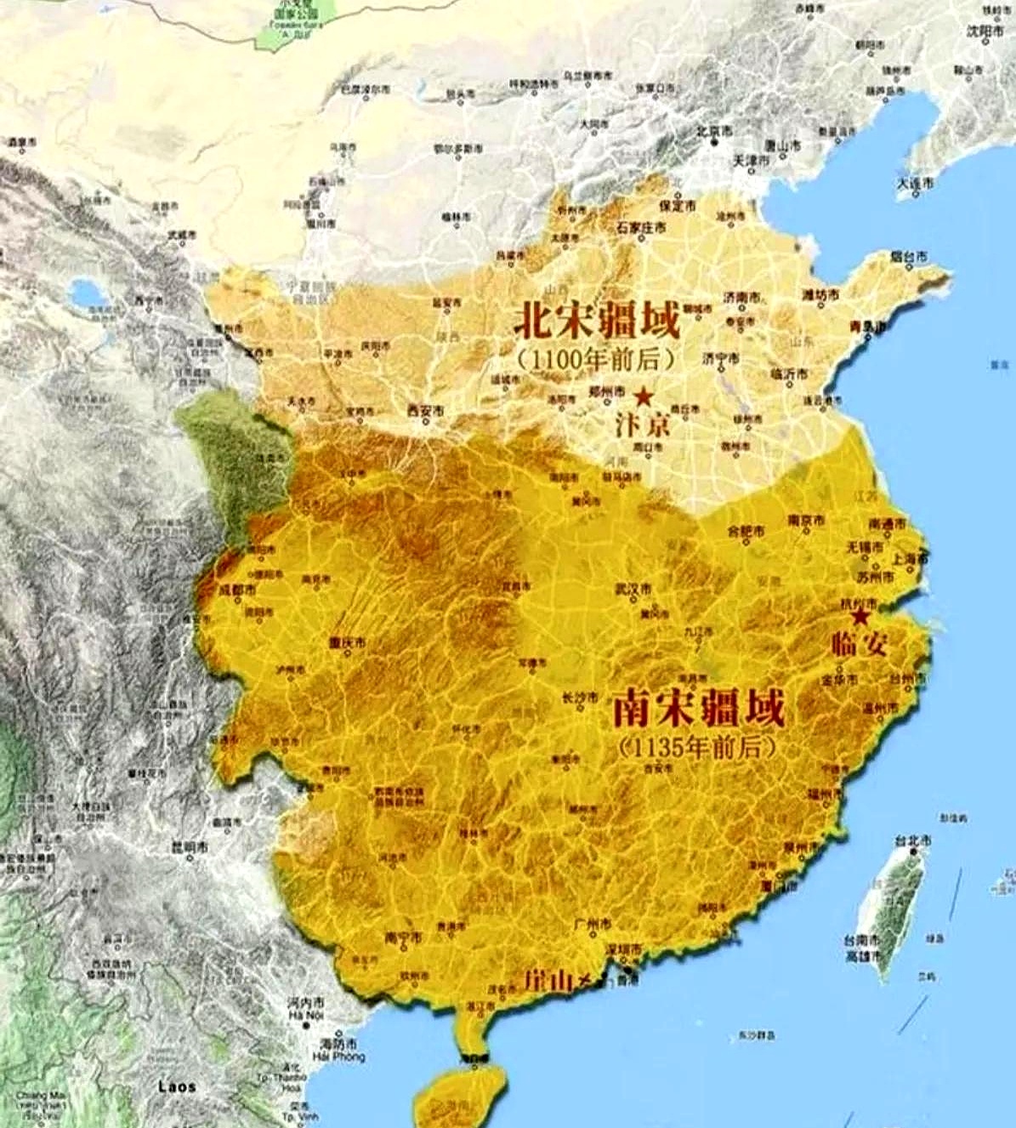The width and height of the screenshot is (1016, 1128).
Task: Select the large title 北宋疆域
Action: pyautogui.click(x=596, y=322)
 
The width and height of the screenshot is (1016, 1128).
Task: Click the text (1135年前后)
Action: pyautogui.click(x=697, y=747)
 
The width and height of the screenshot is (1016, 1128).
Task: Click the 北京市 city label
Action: pyautogui.click(x=714, y=131)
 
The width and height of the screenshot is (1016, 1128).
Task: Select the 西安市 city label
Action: pyautogui.click(x=426, y=411)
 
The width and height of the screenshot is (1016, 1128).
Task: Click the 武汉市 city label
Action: pyautogui.click(x=633, y=589)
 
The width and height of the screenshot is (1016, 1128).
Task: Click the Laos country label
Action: pyautogui.click(x=177, y=1086)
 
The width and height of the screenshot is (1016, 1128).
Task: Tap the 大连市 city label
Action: pyautogui.click(x=915, y=183)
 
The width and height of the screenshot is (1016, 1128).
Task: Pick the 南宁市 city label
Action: pyautogui.click(x=403, y=937)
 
